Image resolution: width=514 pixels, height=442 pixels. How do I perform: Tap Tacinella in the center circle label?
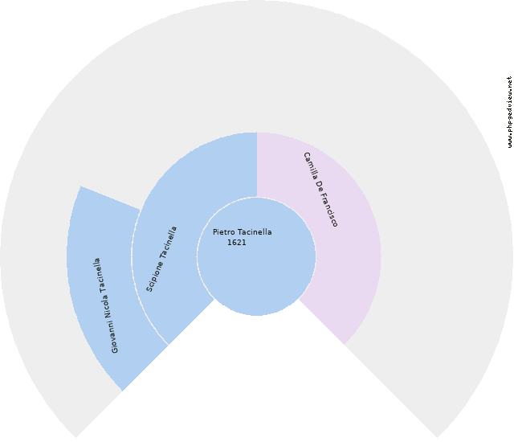255,232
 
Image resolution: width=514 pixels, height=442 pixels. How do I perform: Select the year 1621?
237,243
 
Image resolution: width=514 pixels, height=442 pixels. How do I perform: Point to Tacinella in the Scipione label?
169,242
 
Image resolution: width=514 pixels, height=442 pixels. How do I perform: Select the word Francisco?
329,211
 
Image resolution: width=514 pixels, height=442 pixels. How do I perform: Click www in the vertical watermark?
509,141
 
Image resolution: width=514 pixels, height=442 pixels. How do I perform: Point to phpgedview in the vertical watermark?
509,111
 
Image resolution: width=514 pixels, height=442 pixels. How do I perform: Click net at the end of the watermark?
509,81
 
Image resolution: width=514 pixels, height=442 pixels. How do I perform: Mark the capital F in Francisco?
324,196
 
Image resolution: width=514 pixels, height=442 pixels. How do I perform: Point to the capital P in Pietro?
215,232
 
